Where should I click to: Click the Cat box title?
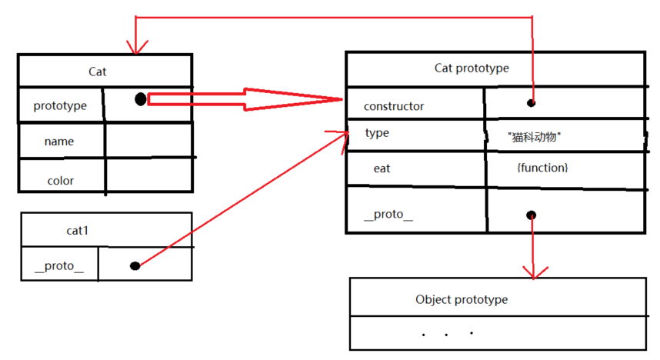coord(98,72)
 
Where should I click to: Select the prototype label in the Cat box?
coord(60,105)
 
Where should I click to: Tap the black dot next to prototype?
coord(141,99)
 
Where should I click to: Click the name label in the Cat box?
coord(59,142)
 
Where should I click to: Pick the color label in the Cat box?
coord(61,181)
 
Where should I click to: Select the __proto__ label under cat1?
coord(59,266)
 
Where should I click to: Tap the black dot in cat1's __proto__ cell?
coord(135,265)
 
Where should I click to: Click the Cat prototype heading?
coord(472,68)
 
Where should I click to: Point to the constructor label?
coord(394,106)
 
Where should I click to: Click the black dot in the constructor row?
coord(531,102)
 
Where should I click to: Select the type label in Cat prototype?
coord(377,133)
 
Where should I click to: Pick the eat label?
coord(382,168)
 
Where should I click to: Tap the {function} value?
coord(543,167)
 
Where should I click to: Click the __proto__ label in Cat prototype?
coord(388,215)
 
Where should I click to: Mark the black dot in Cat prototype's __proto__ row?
coord(532,215)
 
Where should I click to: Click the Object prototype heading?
coord(462,299)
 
